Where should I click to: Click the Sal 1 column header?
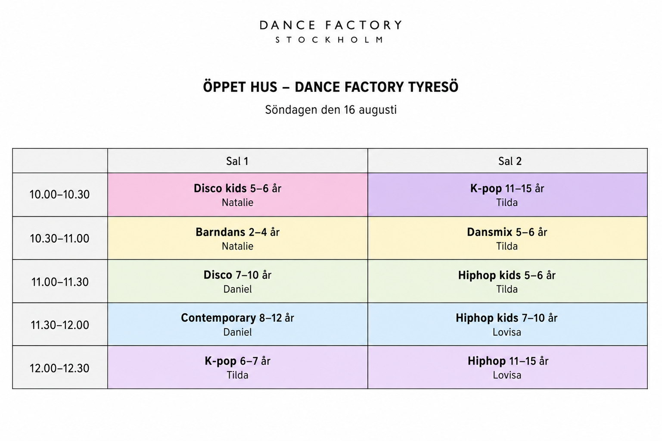point(237,161)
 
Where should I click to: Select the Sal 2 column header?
point(510,161)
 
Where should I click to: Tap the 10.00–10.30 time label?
point(59,194)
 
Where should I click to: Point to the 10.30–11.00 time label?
point(59,238)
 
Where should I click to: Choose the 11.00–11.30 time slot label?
point(60,282)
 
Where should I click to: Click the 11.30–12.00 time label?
point(60,325)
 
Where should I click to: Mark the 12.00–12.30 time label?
point(59,368)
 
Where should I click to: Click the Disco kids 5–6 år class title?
point(237,188)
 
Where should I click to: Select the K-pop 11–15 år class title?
point(507,188)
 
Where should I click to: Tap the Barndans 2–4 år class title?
point(237,232)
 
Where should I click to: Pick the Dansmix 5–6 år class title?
point(507,232)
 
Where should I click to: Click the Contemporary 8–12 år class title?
point(237,318)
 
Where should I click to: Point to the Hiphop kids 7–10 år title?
point(507,318)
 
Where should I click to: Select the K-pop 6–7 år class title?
point(237,361)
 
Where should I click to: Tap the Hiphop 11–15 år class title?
point(508,361)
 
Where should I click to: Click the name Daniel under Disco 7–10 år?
point(237,289)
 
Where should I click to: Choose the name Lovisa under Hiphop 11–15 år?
point(507,375)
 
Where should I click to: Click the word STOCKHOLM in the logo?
point(330,40)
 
